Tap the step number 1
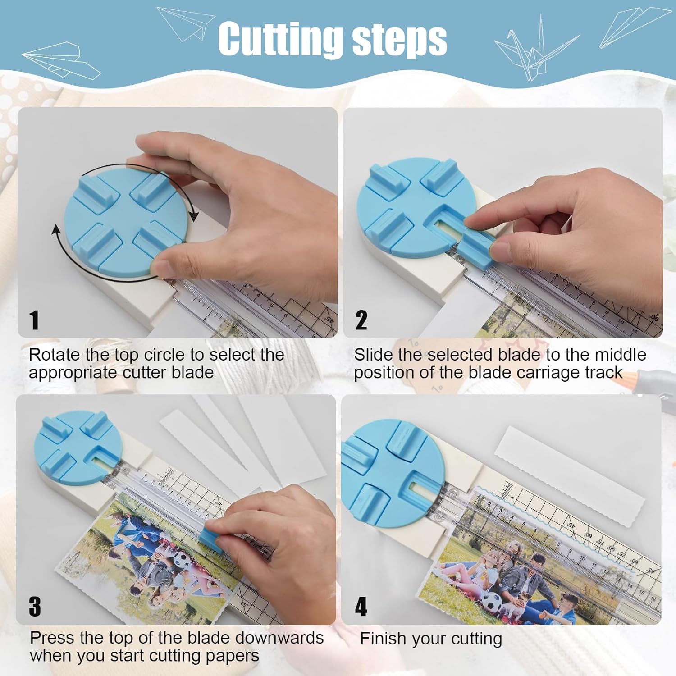tap(34, 320)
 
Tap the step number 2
tap(361, 320)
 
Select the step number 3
tap(35, 607)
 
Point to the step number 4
tap(361, 607)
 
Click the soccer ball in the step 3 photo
tap(183, 560)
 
